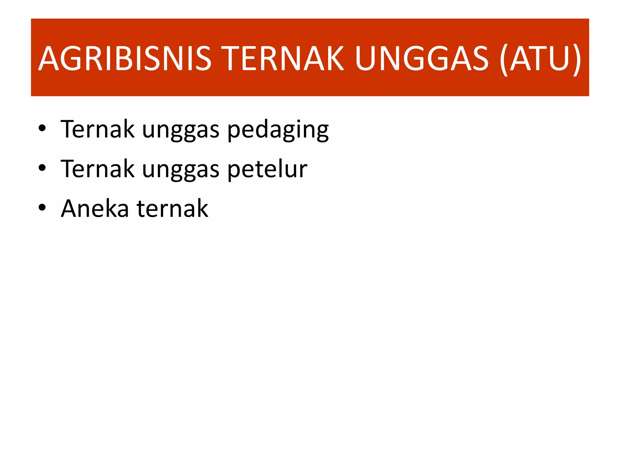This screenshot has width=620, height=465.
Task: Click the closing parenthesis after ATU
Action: click(577, 59)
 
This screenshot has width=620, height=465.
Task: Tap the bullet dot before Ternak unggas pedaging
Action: click(42, 128)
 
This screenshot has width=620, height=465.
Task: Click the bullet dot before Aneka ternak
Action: click(42, 208)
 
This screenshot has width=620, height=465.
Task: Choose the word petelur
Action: click(267, 169)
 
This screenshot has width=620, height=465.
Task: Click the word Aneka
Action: click(95, 208)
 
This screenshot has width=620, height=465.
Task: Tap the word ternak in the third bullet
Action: click(172, 208)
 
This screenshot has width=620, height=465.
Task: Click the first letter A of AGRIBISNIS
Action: click(49, 59)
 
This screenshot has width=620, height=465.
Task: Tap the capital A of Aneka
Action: click(70, 208)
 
